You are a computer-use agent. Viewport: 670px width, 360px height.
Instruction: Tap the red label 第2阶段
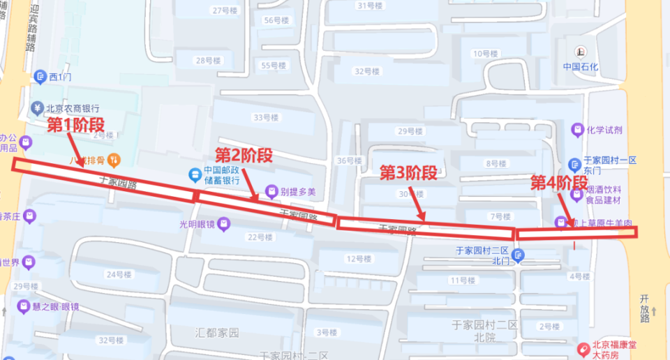point(243,154)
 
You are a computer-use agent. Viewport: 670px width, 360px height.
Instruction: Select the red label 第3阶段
point(408,172)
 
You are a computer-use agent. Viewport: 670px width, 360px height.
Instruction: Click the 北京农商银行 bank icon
point(36,108)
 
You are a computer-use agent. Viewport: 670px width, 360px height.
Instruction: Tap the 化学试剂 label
point(604,130)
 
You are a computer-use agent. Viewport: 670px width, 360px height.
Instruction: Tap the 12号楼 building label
point(359,259)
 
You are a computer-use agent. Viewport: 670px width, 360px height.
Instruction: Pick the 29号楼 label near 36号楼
point(410,131)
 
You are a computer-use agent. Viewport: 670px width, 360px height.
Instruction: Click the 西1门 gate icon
point(40,76)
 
